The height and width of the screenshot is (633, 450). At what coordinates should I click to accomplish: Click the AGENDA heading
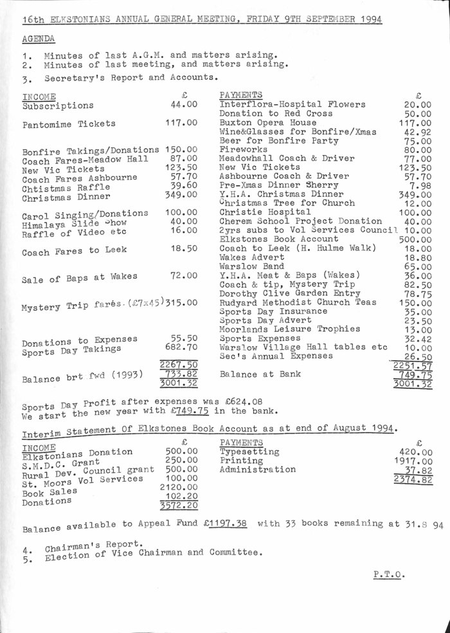(37, 39)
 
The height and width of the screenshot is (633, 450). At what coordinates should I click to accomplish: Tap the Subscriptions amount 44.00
(183, 104)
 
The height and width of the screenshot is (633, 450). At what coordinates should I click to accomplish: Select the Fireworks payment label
(243, 149)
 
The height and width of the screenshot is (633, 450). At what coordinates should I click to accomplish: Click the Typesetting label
(249, 452)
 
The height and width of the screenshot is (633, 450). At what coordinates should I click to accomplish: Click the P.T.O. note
(389, 574)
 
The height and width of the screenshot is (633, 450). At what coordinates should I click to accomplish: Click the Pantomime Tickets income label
(69, 124)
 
